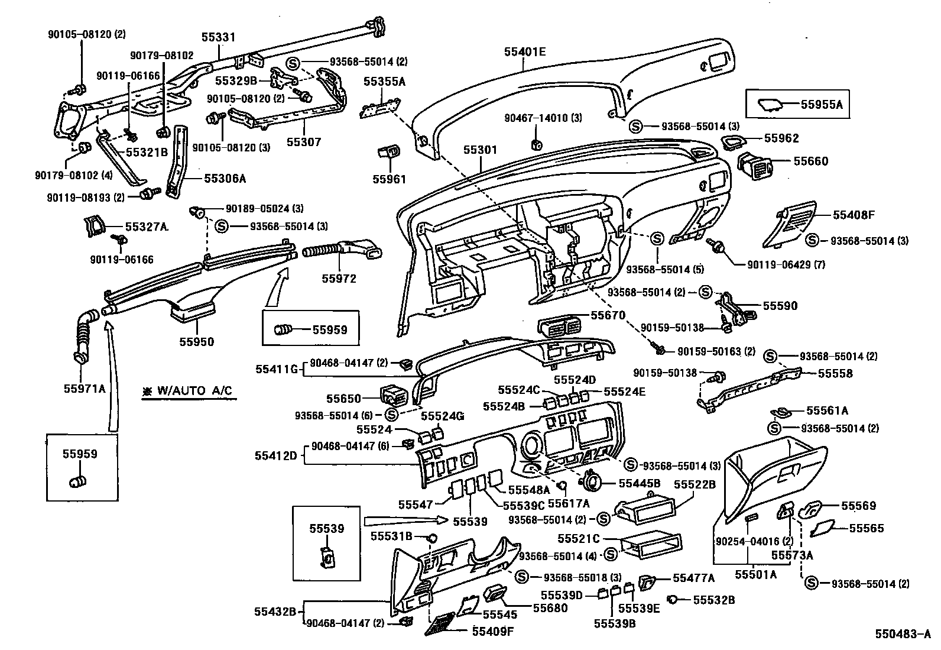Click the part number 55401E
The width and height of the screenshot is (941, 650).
coord(525,52)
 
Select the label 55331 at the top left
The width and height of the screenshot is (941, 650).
coord(218,37)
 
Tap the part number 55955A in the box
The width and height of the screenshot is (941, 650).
coord(821,105)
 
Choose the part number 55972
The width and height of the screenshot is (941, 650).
coord(339,278)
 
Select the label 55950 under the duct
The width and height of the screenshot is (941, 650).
coord(197,342)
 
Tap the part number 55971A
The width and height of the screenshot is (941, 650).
coord(85,388)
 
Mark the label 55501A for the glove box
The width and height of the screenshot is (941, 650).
coord(755,574)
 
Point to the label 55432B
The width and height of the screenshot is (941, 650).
coord(275,611)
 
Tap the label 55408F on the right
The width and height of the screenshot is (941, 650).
coord(854,215)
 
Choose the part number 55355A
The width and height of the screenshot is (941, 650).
coord(384,82)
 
